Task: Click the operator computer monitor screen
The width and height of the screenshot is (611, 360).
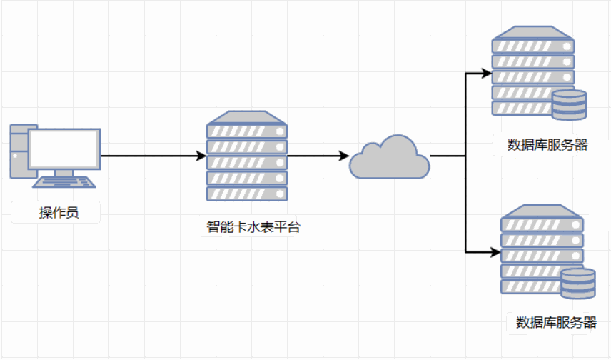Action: click(64, 149)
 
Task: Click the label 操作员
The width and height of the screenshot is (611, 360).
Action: click(55, 213)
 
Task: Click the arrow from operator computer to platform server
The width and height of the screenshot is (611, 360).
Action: click(150, 156)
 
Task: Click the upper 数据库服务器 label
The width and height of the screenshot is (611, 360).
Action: click(547, 145)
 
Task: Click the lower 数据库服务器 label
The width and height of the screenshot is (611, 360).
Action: click(556, 322)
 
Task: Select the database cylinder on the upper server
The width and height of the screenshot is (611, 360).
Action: click(569, 105)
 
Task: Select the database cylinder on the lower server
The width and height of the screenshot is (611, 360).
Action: click(577, 284)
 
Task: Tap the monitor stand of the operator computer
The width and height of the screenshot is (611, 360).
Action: click(64, 174)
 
